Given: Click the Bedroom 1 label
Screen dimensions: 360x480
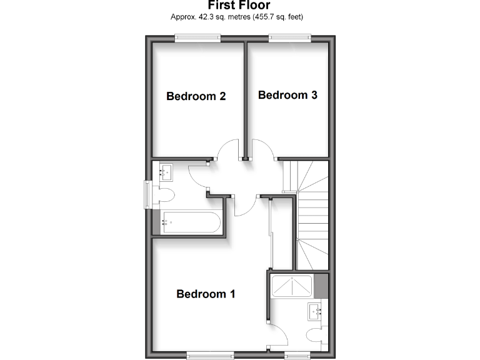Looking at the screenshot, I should (206, 294).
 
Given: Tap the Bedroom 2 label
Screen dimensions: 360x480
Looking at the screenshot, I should (196, 96).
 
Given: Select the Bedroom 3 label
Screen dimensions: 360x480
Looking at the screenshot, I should (287, 95).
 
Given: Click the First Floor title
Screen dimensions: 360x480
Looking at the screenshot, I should (239, 6).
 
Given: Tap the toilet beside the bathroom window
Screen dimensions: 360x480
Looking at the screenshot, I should (165, 194).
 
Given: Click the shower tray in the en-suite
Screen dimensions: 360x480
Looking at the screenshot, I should (292, 286).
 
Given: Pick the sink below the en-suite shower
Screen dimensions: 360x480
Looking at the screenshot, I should (315, 311).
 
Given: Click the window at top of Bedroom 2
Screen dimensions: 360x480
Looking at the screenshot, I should (197, 38).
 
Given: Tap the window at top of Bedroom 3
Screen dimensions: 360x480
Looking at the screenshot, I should (289, 38).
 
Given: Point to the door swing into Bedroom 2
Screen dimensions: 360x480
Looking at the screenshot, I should (228, 151).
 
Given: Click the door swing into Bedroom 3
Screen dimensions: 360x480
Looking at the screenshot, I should (263, 151).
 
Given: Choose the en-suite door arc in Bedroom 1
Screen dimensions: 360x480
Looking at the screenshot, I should (278, 335).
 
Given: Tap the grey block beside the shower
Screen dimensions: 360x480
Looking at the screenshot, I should (321, 286).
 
